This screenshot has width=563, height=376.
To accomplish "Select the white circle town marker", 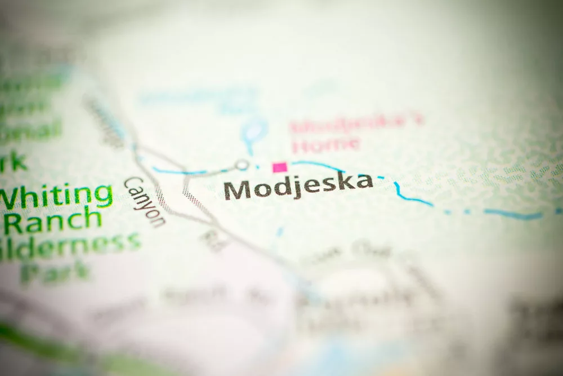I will (x=242, y=165).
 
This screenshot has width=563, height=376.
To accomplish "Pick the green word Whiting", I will (x=56, y=197).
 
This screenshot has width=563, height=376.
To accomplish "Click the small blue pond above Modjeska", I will (x=253, y=129).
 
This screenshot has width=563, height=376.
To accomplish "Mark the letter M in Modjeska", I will (x=236, y=190).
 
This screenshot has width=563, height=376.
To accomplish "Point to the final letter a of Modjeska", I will (x=364, y=182).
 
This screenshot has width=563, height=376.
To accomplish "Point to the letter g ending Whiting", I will (x=103, y=196).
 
